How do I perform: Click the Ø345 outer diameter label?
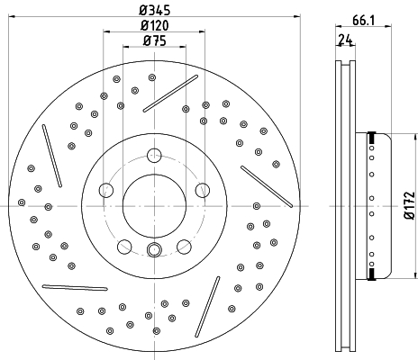(x=154, y=10)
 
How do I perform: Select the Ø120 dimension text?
(x=154, y=25)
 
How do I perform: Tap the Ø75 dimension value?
(x=154, y=40)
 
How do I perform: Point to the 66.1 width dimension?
(x=363, y=21)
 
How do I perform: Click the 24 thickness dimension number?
(x=345, y=40)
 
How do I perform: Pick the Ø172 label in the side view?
(x=409, y=206)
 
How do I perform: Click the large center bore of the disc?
(x=154, y=206)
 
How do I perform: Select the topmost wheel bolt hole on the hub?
(x=154, y=156)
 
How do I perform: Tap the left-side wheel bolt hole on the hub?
(x=106, y=190)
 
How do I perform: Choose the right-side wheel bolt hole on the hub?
(x=203, y=190)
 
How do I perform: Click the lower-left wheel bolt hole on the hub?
(x=124, y=247)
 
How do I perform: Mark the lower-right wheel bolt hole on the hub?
(x=184, y=247)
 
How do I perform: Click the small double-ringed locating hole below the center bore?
(x=154, y=249)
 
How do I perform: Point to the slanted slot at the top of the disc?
(x=170, y=94)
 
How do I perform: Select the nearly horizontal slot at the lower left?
(x=75, y=288)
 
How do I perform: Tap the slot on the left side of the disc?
(x=52, y=156)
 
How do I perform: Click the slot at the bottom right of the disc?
(x=207, y=307)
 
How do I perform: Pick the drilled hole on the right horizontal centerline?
(x=257, y=206)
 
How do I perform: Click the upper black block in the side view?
(x=372, y=138)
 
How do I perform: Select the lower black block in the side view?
(x=372, y=274)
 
